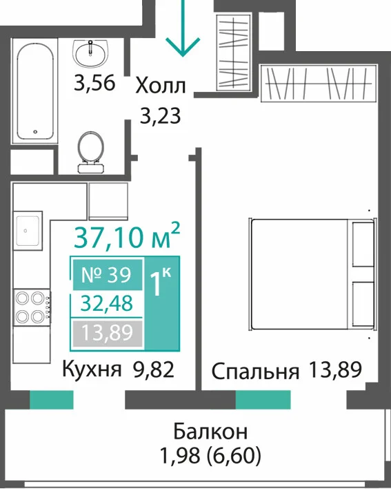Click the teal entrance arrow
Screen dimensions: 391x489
click(x=183, y=28)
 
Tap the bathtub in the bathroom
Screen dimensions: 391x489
click(x=35, y=91)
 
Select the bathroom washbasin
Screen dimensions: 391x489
click(x=90, y=53)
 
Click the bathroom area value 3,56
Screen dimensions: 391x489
click(x=94, y=83)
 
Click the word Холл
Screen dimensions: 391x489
click(x=161, y=86)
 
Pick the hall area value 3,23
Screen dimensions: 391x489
click(x=160, y=116)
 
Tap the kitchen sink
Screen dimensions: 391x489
click(x=28, y=231)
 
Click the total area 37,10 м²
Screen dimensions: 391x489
click(x=127, y=236)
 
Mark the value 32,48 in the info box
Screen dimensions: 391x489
click(x=107, y=303)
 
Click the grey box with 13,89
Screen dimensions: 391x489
click(x=108, y=333)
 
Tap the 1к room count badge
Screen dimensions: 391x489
click(x=162, y=303)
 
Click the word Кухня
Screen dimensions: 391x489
click(x=92, y=370)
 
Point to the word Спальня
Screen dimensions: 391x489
click(x=255, y=372)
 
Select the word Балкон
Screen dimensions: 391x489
click(x=210, y=432)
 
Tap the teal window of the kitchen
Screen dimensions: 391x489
click(x=52, y=399)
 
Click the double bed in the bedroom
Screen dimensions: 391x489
click(x=313, y=274)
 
